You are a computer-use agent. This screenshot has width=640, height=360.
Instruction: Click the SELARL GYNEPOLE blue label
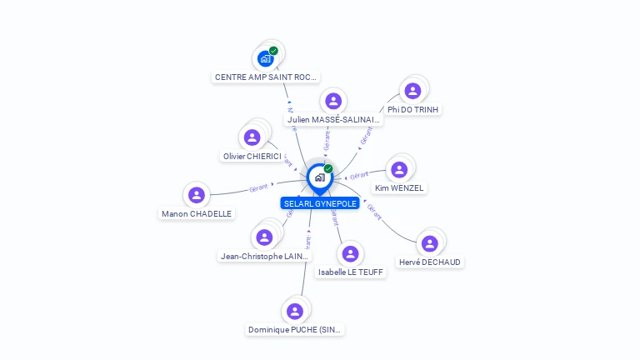[320, 203]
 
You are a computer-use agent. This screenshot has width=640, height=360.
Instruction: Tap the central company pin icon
[319, 177]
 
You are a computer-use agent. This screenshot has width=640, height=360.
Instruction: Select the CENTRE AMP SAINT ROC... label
[266, 77]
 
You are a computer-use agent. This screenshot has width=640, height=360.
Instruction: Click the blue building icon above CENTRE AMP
[265, 58]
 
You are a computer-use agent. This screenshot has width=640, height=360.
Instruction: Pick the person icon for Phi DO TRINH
[412, 92]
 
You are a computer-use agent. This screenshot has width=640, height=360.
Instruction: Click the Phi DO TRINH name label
[413, 109]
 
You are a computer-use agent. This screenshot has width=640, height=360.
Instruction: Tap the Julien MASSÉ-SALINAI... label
[333, 120]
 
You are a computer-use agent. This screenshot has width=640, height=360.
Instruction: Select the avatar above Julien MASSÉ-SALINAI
[333, 102]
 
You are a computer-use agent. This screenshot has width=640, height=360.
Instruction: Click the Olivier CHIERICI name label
[252, 156]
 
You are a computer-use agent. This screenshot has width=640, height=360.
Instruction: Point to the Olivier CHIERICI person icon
[252, 137]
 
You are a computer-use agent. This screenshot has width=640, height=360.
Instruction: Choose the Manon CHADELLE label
[197, 213]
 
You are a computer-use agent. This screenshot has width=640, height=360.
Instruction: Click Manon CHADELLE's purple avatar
[197, 195]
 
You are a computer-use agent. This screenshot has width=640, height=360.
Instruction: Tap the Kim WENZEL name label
[399, 188]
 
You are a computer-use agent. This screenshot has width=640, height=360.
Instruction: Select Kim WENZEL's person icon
[399, 170]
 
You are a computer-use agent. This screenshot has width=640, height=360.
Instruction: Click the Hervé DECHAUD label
[430, 262]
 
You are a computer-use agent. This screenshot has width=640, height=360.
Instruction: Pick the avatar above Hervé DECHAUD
[430, 243]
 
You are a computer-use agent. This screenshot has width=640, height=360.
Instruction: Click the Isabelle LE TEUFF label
[351, 272]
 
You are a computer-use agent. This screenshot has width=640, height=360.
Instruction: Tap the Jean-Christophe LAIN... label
[264, 256]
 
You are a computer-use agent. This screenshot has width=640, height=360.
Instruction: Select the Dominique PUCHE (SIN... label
[295, 329]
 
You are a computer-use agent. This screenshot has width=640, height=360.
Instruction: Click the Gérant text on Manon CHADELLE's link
[258, 188]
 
